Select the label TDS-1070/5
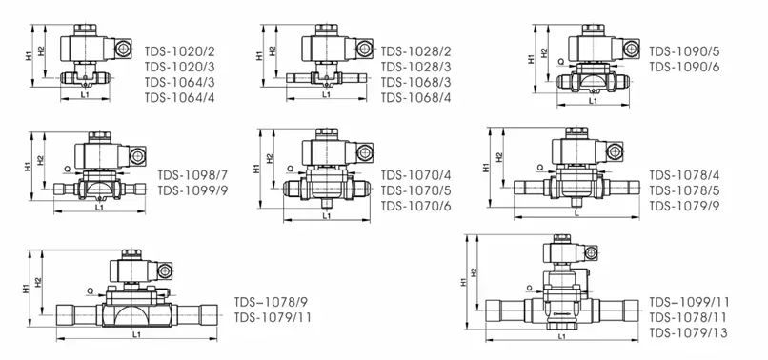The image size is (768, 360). click(415, 190)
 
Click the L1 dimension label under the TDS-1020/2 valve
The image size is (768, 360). click(85, 95)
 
